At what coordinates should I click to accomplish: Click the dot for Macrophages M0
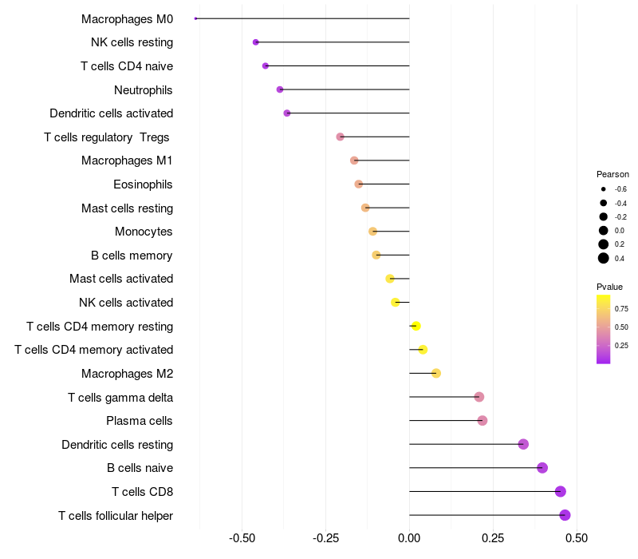click(196, 18)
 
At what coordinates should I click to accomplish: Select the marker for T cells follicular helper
click(565, 515)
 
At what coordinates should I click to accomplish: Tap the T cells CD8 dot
click(561, 491)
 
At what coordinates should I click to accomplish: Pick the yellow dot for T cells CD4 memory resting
click(415, 326)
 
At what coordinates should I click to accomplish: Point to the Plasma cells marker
click(482, 420)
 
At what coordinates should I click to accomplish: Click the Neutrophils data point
click(280, 89)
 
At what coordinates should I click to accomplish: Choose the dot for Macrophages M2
click(436, 373)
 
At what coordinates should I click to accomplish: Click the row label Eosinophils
click(143, 184)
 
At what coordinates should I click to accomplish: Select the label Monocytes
click(144, 232)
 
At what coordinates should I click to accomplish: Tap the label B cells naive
click(140, 468)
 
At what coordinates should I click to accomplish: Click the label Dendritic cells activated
click(111, 113)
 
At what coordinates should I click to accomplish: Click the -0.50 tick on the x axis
click(242, 538)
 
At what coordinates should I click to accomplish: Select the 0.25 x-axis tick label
click(493, 538)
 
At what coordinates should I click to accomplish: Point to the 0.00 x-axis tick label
click(409, 538)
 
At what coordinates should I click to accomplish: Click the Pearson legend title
click(612, 174)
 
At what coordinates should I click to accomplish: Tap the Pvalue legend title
click(609, 287)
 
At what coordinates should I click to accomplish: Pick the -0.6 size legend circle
click(604, 189)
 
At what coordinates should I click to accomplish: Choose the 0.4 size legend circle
click(604, 258)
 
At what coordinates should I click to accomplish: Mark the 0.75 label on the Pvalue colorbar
click(621, 308)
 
